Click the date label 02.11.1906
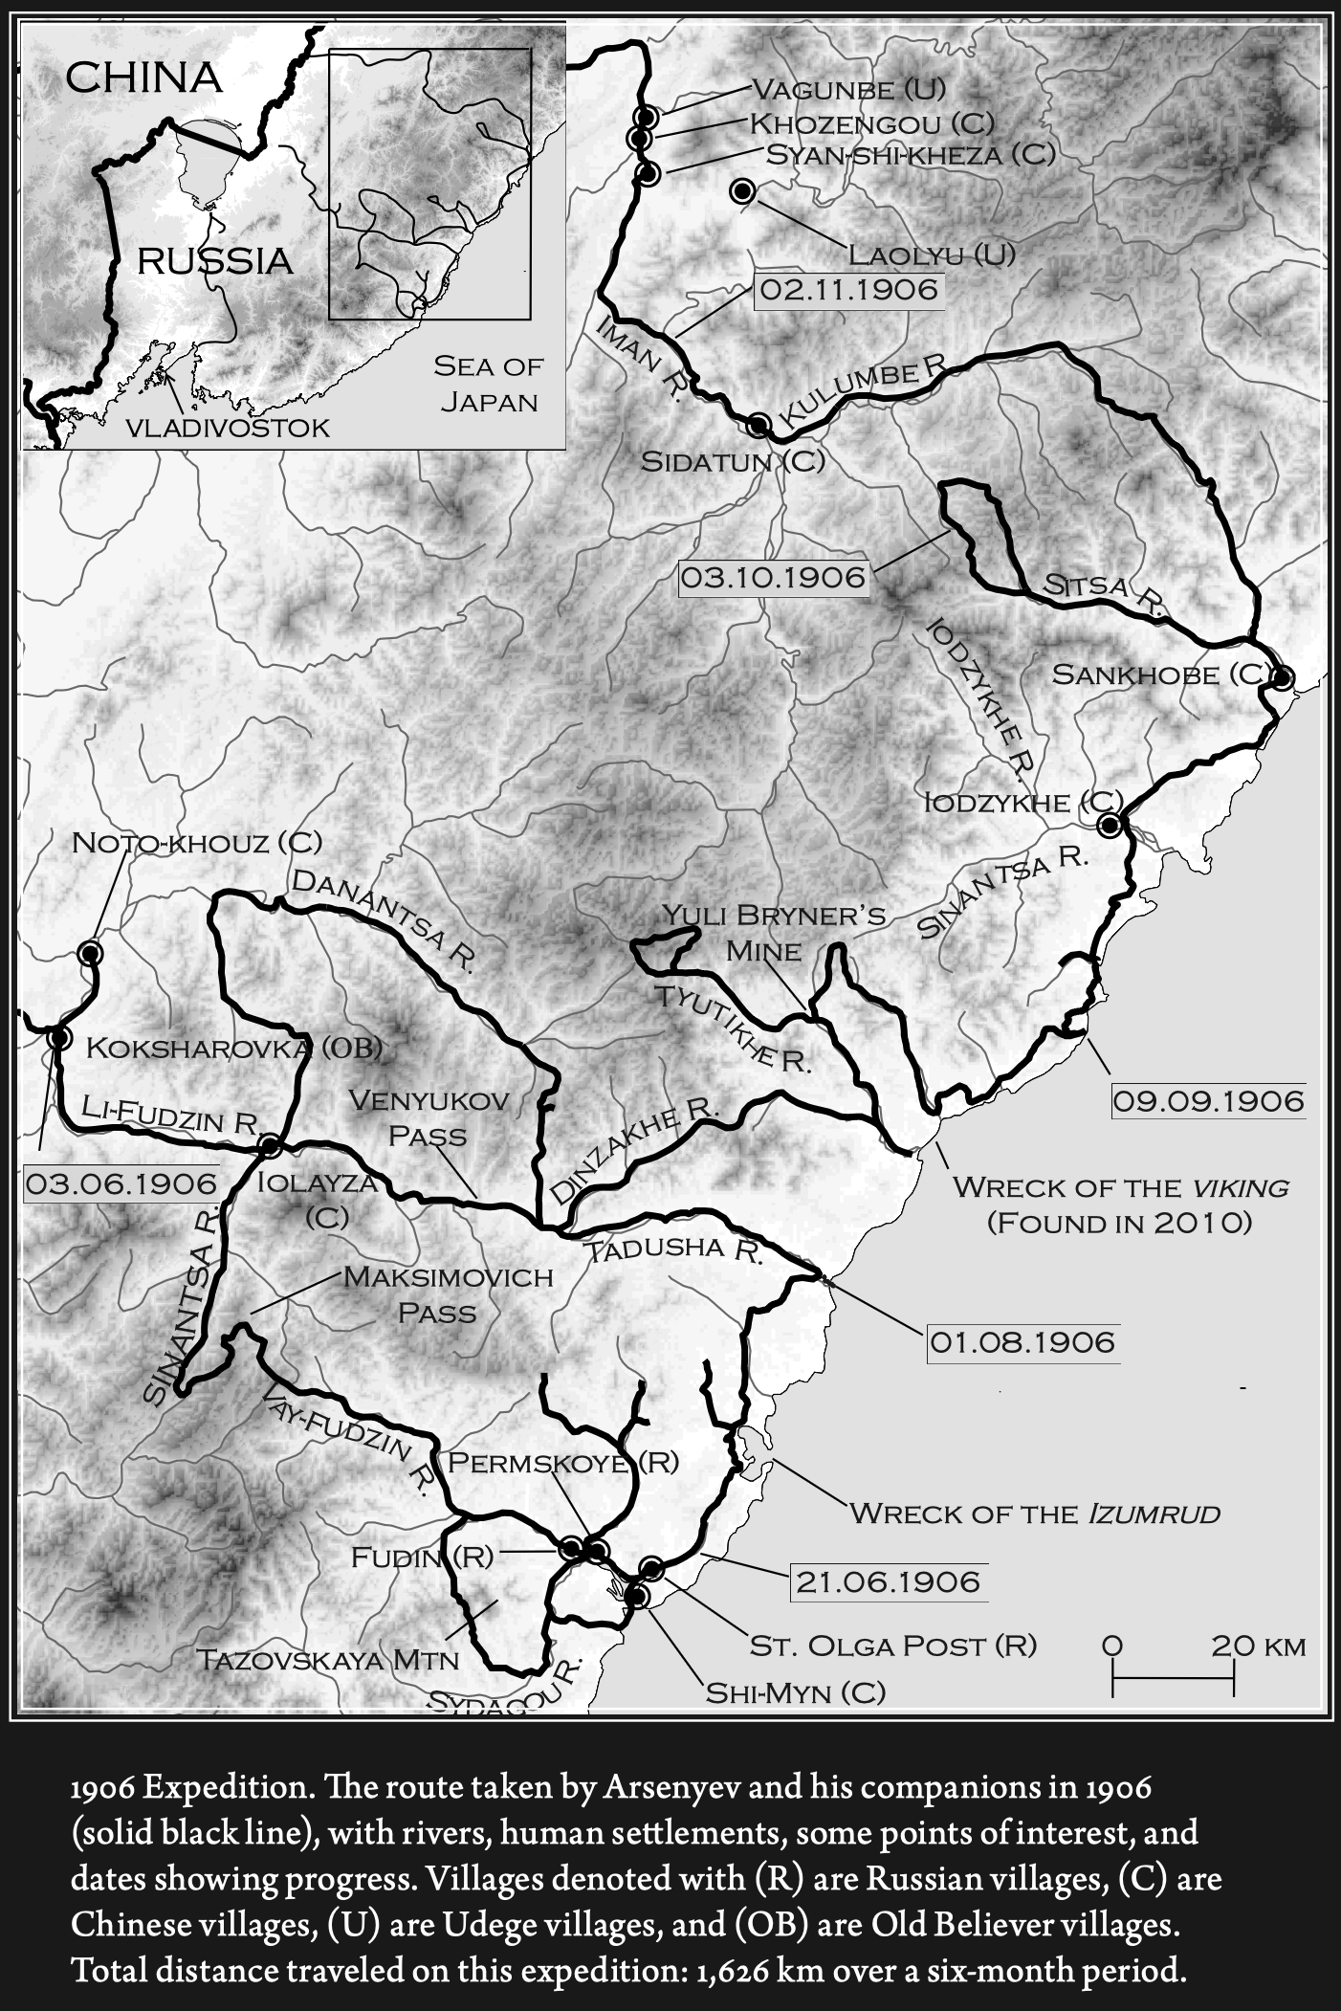tap(849, 289)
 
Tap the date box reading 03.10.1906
tap(773, 578)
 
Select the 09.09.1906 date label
tap(1208, 1101)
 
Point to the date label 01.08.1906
tap(1022, 1341)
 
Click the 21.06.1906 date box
tap(889, 1581)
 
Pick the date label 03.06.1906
tap(121, 1183)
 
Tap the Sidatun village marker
tap(758, 424)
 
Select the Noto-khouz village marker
tap(91, 952)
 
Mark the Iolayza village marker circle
tap(270, 1144)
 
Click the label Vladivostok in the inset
tap(228, 428)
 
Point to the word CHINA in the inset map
tap(143, 77)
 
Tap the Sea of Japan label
tap(488, 383)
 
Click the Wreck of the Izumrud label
tap(1035, 1513)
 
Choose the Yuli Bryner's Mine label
tap(775, 932)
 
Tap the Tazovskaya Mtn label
tap(327, 1659)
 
